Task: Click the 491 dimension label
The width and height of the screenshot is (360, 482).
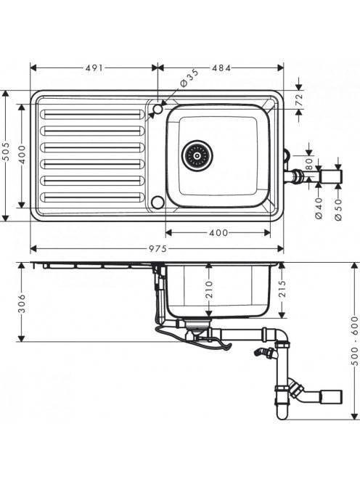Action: point(94,68)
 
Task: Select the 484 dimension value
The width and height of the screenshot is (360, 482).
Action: point(221,68)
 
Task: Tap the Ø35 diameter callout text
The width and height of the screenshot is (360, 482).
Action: point(189,78)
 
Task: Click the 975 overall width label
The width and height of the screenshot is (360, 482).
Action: point(157,248)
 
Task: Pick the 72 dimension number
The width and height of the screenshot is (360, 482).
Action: point(299,100)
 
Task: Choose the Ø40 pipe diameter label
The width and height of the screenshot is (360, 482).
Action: point(319,208)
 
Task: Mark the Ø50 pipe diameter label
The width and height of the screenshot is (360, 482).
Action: point(338,209)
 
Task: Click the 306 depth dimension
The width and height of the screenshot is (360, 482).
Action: point(22,303)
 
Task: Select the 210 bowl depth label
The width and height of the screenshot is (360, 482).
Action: point(209,289)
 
